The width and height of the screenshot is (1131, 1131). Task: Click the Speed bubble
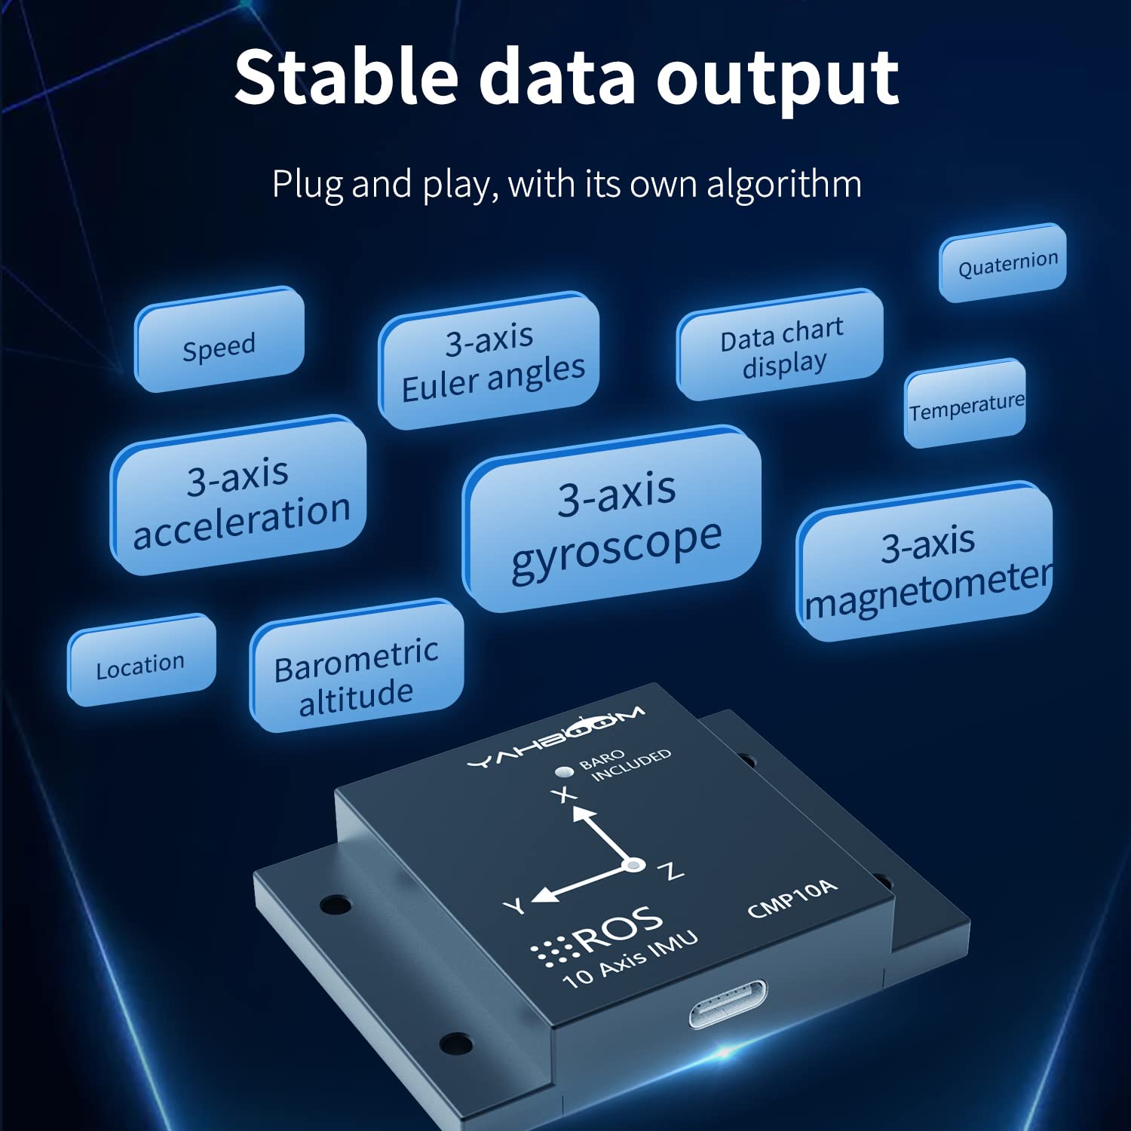coord(219,341)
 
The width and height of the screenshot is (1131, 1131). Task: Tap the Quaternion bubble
coord(1004,262)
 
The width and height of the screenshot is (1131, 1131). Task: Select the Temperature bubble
coord(966,405)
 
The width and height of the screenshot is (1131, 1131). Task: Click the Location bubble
coord(142,661)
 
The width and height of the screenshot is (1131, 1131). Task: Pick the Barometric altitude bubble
coord(357,667)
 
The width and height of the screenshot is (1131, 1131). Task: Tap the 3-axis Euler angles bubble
coord(490,360)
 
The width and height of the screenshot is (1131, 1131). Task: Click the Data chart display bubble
coord(781,345)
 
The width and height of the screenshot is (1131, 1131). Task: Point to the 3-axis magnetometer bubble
coord(926,564)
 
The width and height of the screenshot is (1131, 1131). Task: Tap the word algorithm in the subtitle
coord(783,184)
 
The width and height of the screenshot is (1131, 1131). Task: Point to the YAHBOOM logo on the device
coord(556,738)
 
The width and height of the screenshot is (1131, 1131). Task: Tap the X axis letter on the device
coord(562,794)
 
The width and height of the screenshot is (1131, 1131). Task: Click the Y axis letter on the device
coord(515,906)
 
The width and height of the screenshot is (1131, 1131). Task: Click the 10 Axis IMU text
coord(630,959)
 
